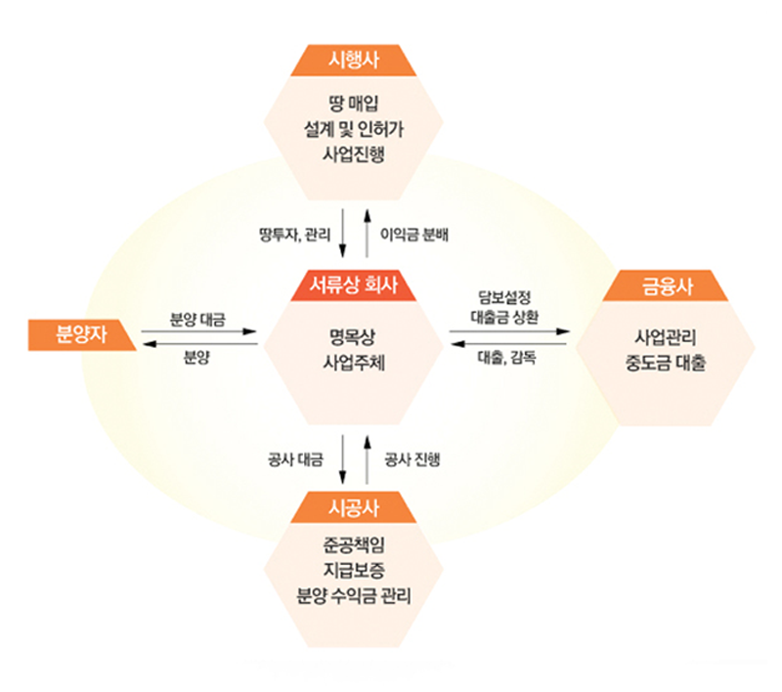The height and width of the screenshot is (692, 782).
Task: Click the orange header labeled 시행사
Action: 354,61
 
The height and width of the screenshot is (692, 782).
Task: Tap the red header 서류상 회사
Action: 354,285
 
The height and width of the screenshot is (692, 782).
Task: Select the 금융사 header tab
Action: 666,285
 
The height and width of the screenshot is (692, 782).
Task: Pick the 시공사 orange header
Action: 354,507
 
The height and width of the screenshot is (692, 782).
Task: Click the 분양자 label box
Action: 82,334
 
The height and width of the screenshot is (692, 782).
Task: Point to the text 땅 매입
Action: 354,104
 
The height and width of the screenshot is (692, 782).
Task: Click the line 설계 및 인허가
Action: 354,129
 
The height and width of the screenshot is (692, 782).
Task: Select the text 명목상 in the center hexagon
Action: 354,337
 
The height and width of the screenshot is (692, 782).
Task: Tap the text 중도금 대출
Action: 666,363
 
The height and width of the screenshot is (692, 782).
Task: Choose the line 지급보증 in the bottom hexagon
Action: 354,570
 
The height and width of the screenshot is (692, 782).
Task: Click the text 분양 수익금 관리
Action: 354,595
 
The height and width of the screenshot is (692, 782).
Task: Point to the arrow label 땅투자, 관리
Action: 295,235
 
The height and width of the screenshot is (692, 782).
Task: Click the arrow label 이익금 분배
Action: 413,235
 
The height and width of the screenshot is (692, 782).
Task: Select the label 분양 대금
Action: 197,320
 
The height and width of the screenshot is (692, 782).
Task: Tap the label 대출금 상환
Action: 504,318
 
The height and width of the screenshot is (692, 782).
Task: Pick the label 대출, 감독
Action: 506,358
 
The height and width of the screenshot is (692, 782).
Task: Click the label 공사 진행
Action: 412,459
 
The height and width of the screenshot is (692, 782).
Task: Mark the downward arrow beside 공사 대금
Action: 342,459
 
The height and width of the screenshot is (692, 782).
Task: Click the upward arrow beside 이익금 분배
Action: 368,234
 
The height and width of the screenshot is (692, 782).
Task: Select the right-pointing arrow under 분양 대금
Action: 198,331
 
